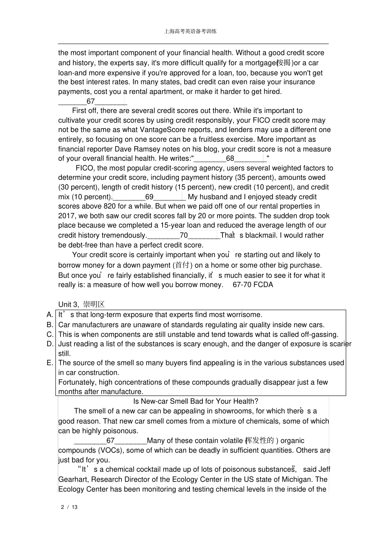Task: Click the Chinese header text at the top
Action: [190, 31]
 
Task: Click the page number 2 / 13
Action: [69, 507]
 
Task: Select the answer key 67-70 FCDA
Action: [253, 285]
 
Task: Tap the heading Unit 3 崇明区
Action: [81, 304]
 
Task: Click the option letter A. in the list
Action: [50, 315]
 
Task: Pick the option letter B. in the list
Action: [50, 325]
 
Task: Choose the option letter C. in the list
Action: [50, 335]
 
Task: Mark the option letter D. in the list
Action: [50, 344]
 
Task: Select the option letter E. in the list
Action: [50, 363]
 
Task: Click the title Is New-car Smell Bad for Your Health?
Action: [196, 401]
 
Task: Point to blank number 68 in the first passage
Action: [230, 158]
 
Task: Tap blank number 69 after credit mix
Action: [149, 197]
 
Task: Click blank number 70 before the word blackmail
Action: [184, 235]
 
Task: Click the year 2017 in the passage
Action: [66, 216]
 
